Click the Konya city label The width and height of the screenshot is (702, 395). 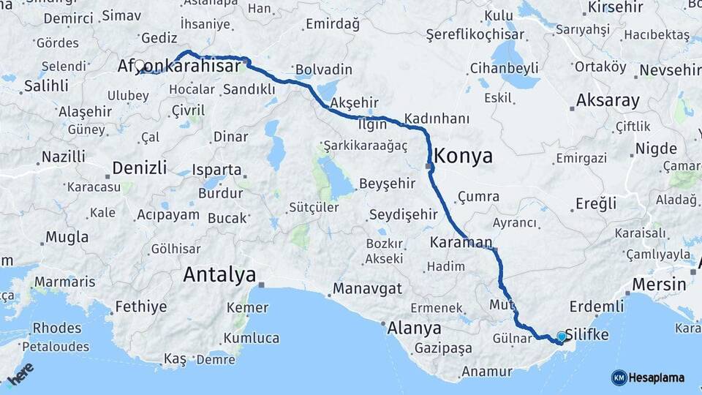point(463,156)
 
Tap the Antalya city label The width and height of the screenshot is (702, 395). point(219,275)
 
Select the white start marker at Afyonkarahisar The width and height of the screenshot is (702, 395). point(139,66)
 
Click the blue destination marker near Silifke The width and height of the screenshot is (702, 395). point(562,336)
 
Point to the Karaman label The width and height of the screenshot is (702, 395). point(461,242)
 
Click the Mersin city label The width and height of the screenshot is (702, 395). point(658,284)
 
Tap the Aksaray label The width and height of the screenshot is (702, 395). point(608,100)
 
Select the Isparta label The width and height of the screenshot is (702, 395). point(216,170)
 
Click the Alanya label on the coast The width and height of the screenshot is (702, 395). point(414,328)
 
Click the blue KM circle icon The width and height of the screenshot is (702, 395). point(619,377)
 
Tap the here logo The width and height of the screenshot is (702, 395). point(20,373)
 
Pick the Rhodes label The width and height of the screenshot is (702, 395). point(57,328)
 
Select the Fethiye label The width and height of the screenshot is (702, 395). point(141,306)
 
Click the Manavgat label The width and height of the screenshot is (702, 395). point(367,289)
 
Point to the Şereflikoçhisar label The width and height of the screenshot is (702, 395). point(475,34)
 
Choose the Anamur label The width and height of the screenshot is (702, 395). point(486,371)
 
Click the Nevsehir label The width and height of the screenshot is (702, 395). point(670,70)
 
